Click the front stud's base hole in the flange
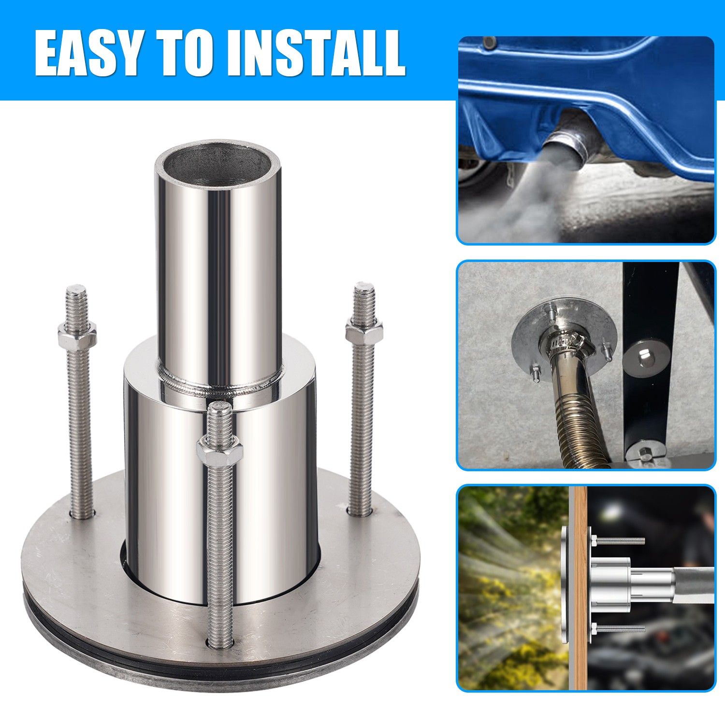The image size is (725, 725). point(220,643)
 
